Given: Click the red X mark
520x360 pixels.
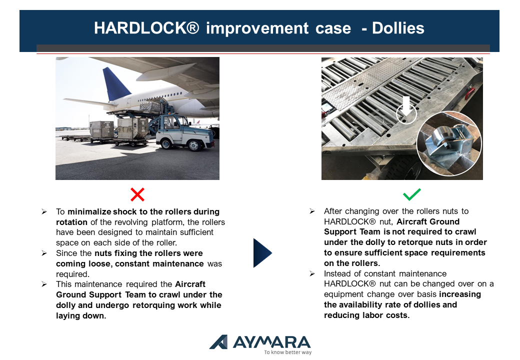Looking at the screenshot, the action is (137, 194).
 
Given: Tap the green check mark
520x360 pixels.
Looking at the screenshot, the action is (412, 194).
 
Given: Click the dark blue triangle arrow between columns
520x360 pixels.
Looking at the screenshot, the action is (262, 253).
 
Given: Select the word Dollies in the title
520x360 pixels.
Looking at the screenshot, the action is (398, 28).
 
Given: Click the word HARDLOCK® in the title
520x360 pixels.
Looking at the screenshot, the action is (146, 28).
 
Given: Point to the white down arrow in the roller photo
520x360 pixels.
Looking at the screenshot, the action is (406, 105).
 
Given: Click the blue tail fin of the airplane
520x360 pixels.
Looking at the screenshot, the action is (115, 84).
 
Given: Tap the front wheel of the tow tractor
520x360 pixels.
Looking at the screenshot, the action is (193, 145).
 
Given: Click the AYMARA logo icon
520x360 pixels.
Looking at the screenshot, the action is (219, 342).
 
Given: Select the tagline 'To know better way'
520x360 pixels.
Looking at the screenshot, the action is (288, 352).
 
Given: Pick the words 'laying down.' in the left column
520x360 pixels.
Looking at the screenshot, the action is (81, 315).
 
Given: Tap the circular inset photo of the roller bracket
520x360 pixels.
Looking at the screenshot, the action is (449, 143).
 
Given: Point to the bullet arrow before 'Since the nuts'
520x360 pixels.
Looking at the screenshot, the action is (44, 253).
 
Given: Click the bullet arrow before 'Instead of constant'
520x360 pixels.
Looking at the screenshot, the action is (312, 273).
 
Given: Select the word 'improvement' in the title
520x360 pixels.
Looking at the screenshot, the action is (257, 28).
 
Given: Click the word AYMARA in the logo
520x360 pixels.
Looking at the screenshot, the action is (272, 342).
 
